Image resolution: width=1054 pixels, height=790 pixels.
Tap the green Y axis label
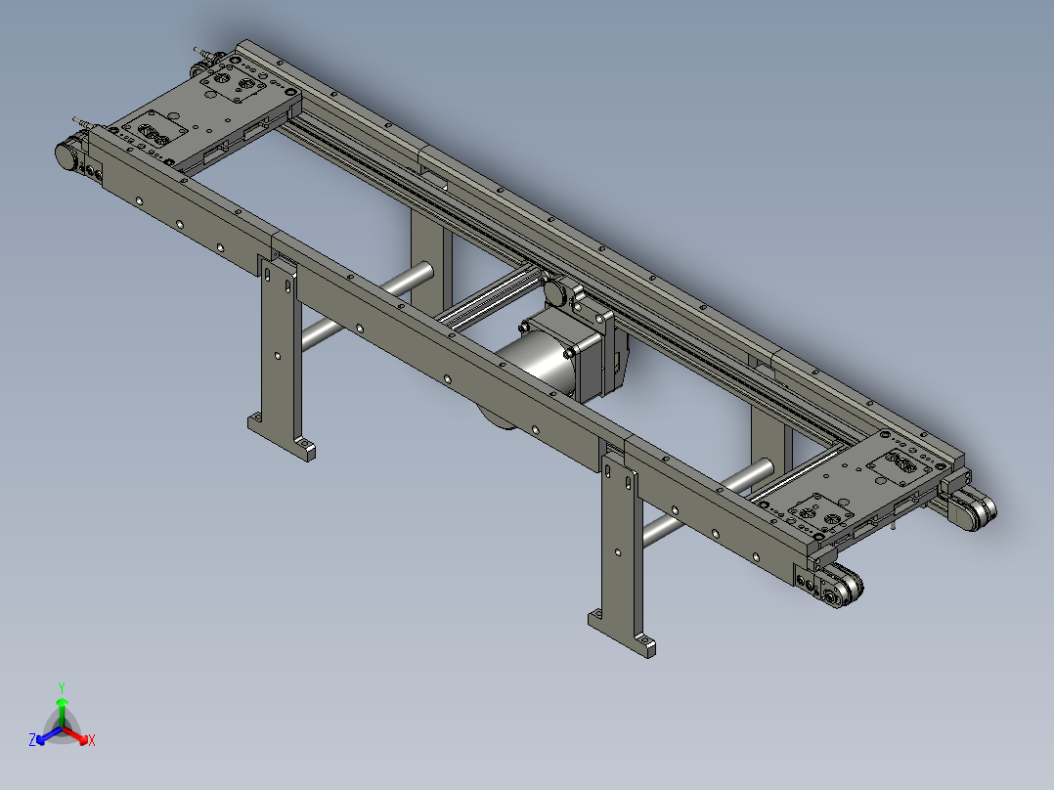coord(62,686)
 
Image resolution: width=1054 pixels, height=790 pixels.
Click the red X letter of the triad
coord(91,741)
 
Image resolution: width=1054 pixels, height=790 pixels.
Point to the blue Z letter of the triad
coord(32,741)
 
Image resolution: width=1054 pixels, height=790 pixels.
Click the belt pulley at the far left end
coord(69,155)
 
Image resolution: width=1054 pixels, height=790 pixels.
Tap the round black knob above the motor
coord(557,292)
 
